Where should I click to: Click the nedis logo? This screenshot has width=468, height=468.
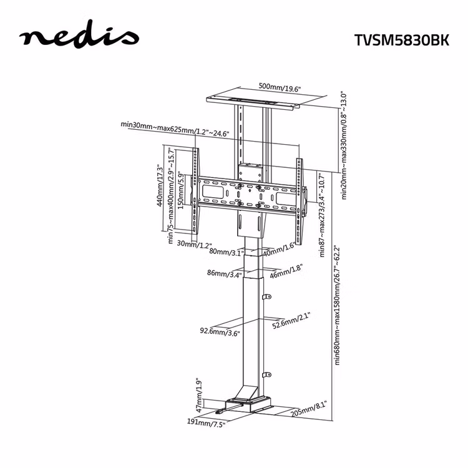tap(79, 35)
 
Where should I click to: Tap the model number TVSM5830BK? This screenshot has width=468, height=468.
tap(402, 40)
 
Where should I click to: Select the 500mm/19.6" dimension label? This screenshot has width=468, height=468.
tap(280, 87)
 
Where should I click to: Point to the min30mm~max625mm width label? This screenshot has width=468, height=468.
tap(175, 129)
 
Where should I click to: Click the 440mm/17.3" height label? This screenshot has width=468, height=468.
tap(160, 186)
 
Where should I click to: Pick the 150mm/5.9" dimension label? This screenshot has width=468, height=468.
tap(180, 190)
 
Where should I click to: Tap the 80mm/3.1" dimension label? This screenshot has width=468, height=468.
tap(225, 252)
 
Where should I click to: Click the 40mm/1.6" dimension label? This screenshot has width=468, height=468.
tap(279, 249)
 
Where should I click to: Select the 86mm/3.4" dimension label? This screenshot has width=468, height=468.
tap(225, 274)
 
